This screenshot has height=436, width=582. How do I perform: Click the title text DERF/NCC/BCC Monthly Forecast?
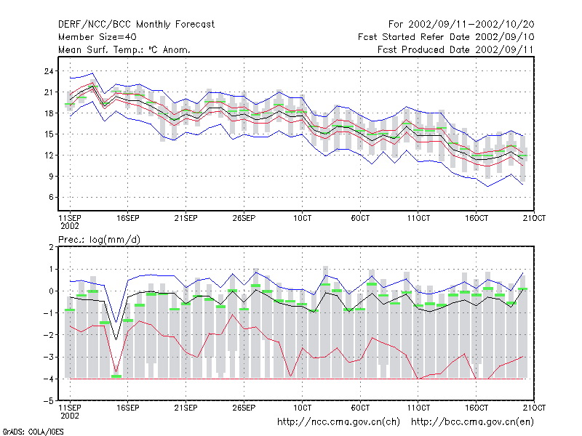(x=136, y=25)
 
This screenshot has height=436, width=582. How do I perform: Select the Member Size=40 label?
(x=97, y=37)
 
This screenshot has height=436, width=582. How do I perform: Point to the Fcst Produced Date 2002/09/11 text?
(x=455, y=49)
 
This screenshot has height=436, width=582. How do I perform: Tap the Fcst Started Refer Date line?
(x=446, y=37)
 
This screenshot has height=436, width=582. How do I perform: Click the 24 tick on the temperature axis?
(x=49, y=71)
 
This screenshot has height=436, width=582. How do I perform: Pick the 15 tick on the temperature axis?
(x=49, y=134)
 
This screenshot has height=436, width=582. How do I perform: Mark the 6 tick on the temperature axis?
(x=51, y=197)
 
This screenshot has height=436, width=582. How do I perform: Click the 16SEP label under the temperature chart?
(x=128, y=219)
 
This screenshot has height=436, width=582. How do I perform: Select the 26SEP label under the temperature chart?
(x=244, y=219)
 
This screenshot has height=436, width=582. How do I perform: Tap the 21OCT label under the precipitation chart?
(x=534, y=408)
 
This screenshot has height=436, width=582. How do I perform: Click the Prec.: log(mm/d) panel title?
(x=99, y=240)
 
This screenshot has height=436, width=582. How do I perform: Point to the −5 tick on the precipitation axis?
(x=49, y=401)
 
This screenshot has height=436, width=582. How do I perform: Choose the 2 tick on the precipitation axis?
(x=51, y=247)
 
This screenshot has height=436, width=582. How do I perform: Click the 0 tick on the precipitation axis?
(x=51, y=291)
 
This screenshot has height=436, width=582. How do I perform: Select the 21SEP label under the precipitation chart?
(x=186, y=408)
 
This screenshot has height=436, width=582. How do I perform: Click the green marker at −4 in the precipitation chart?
(x=116, y=376)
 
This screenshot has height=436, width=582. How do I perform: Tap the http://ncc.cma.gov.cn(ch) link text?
(x=338, y=422)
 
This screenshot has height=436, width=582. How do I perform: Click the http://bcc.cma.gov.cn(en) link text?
(x=472, y=422)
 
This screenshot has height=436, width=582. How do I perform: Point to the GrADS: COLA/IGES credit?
(x=33, y=432)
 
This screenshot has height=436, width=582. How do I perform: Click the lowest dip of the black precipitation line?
(x=116, y=339)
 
